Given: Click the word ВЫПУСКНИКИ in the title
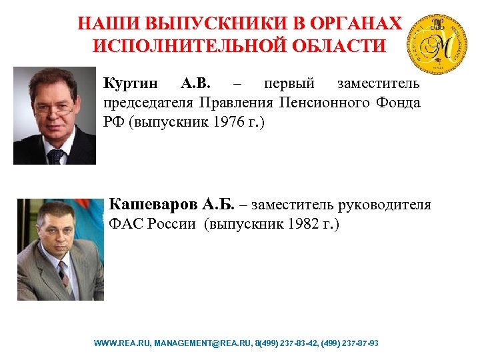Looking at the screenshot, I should (215, 24).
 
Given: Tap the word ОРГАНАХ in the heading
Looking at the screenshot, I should (358, 24).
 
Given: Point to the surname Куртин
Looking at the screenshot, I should (131, 84).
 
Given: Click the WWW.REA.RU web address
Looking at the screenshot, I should (123, 343).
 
